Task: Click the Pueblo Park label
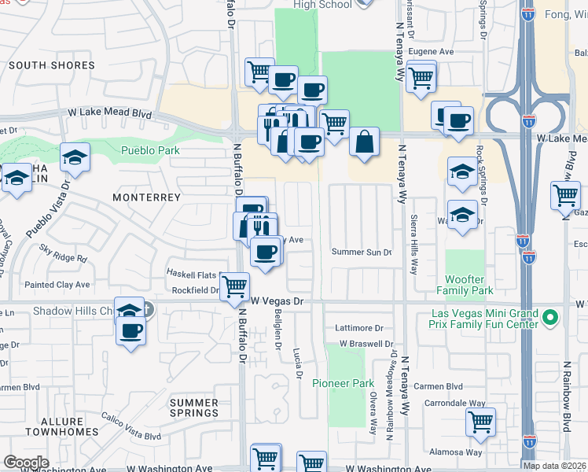click(150, 150)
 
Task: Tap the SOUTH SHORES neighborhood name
click(52, 66)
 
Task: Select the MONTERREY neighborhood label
click(146, 197)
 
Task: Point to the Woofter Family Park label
click(469, 285)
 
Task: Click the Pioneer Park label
click(343, 383)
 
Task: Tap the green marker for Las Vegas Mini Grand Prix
click(550, 319)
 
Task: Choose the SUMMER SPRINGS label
click(194, 407)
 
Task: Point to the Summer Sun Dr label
click(361, 253)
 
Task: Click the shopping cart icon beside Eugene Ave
click(421, 76)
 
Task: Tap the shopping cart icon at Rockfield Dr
click(234, 288)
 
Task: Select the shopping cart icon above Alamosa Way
click(480, 422)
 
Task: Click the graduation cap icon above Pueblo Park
click(75, 158)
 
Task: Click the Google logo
click(27, 463)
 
